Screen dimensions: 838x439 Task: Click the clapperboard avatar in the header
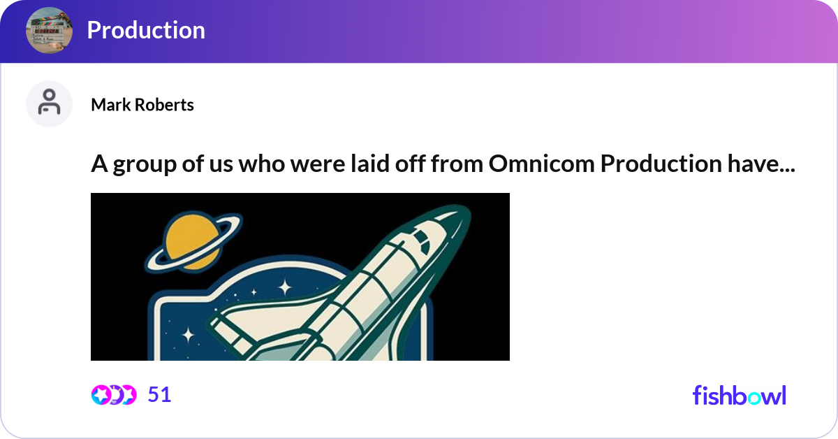pyautogui.click(x=49, y=30)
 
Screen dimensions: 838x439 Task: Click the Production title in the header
pyautogui.click(x=146, y=30)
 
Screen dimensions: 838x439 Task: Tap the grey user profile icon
pyautogui.click(x=49, y=103)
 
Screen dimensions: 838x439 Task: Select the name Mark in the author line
pyautogui.click(x=110, y=105)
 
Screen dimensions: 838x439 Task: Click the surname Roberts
pyautogui.click(x=164, y=105)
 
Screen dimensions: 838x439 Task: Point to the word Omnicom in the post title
pyautogui.click(x=541, y=164)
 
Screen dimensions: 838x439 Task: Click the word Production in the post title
pyautogui.click(x=661, y=164)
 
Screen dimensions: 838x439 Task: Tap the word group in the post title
pyautogui.click(x=145, y=165)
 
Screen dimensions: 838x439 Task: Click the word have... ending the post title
pyautogui.click(x=761, y=164)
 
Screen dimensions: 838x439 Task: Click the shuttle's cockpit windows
pyautogui.click(x=422, y=240)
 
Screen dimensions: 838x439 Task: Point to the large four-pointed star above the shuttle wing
pyautogui.click(x=286, y=288)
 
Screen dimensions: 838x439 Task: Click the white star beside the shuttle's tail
pyautogui.click(x=188, y=335)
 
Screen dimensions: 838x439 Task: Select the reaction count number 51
pyautogui.click(x=160, y=395)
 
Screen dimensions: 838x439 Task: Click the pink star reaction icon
pyautogui.click(x=101, y=395)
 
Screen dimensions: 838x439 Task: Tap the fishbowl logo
pyautogui.click(x=740, y=396)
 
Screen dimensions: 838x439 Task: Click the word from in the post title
pyautogui.click(x=457, y=164)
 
